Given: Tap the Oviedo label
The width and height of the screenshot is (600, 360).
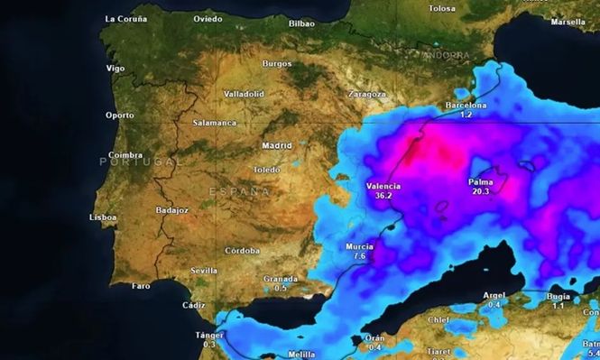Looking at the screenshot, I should pyautogui.click(x=208, y=18).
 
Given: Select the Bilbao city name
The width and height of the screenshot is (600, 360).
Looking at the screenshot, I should pyautogui.click(x=301, y=23).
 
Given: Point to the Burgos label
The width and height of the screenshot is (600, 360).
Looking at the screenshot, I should pyautogui.click(x=276, y=64).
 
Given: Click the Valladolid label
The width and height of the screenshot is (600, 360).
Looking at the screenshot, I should pyautogui.click(x=244, y=94).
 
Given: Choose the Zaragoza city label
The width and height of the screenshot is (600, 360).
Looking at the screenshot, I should pyautogui.click(x=366, y=94).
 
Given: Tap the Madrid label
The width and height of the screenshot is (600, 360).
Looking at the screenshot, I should pyautogui.click(x=276, y=145).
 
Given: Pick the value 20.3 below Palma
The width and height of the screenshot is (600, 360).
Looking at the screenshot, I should pyautogui.click(x=479, y=191).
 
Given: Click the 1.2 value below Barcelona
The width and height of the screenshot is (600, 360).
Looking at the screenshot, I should pyautogui.click(x=466, y=115).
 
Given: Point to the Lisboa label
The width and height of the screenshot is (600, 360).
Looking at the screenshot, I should pyautogui.click(x=103, y=217).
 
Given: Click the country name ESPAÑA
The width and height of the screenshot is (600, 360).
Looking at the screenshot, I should pyautogui.click(x=239, y=191).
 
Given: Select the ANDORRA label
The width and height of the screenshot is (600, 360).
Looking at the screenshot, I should pyautogui.click(x=447, y=55).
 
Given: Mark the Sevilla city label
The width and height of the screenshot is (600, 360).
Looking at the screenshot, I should pyautogui.click(x=204, y=271).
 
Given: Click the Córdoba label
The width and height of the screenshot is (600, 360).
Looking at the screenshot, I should pyautogui.click(x=242, y=250).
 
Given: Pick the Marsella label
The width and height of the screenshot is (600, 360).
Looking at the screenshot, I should pyautogui.click(x=568, y=22).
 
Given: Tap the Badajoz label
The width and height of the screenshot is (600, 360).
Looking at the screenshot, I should pyautogui.click(x=171, y=210).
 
